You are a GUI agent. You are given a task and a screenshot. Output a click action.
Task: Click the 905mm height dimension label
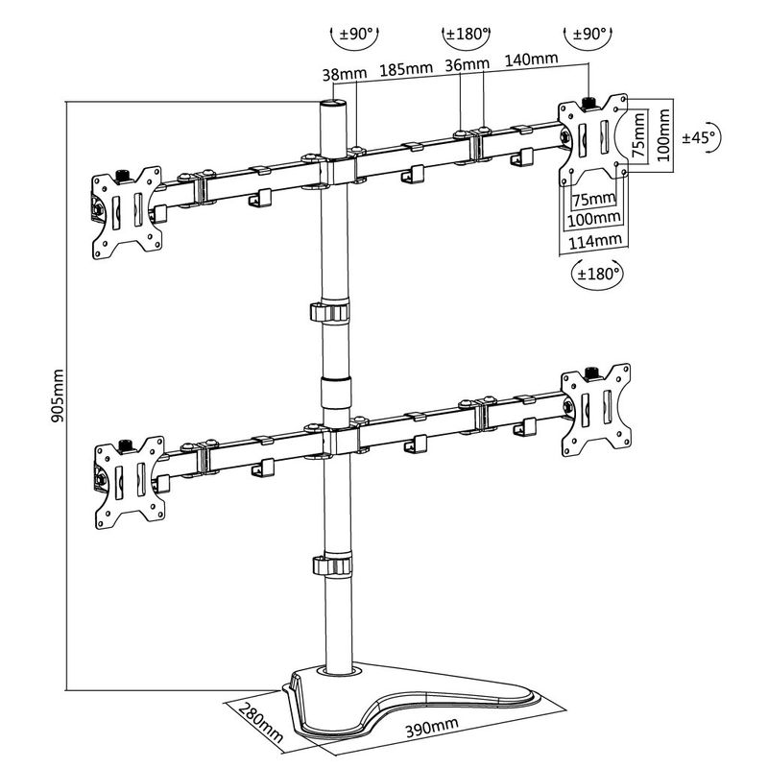[x=58, y=396]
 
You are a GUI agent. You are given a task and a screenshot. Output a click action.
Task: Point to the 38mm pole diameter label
[x=345, y=74]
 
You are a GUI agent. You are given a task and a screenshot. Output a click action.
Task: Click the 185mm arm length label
[x=406, y=68]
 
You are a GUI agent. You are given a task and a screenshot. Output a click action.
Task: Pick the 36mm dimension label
[x=467, y=64]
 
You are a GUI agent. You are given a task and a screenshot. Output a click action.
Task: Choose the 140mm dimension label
[x=532, y=59]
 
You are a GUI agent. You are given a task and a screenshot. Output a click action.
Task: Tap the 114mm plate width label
[x=594, y=241]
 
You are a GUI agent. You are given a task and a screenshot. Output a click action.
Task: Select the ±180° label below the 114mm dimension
[x=598, y=273]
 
